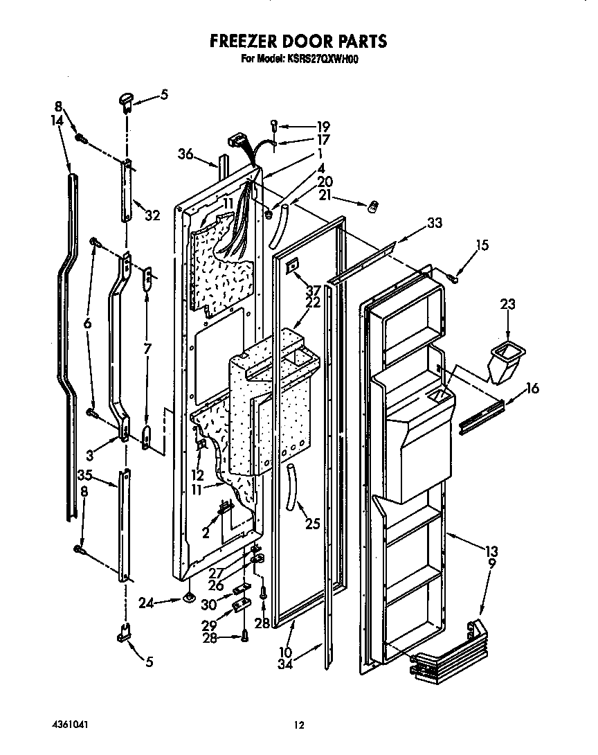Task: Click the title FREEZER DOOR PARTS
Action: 298,41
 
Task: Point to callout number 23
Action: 507,303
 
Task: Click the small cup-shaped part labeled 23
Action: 504,363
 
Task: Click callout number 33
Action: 434,223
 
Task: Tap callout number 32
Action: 152,215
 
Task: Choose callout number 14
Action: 57,120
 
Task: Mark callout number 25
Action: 313,524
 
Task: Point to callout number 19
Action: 323,127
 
